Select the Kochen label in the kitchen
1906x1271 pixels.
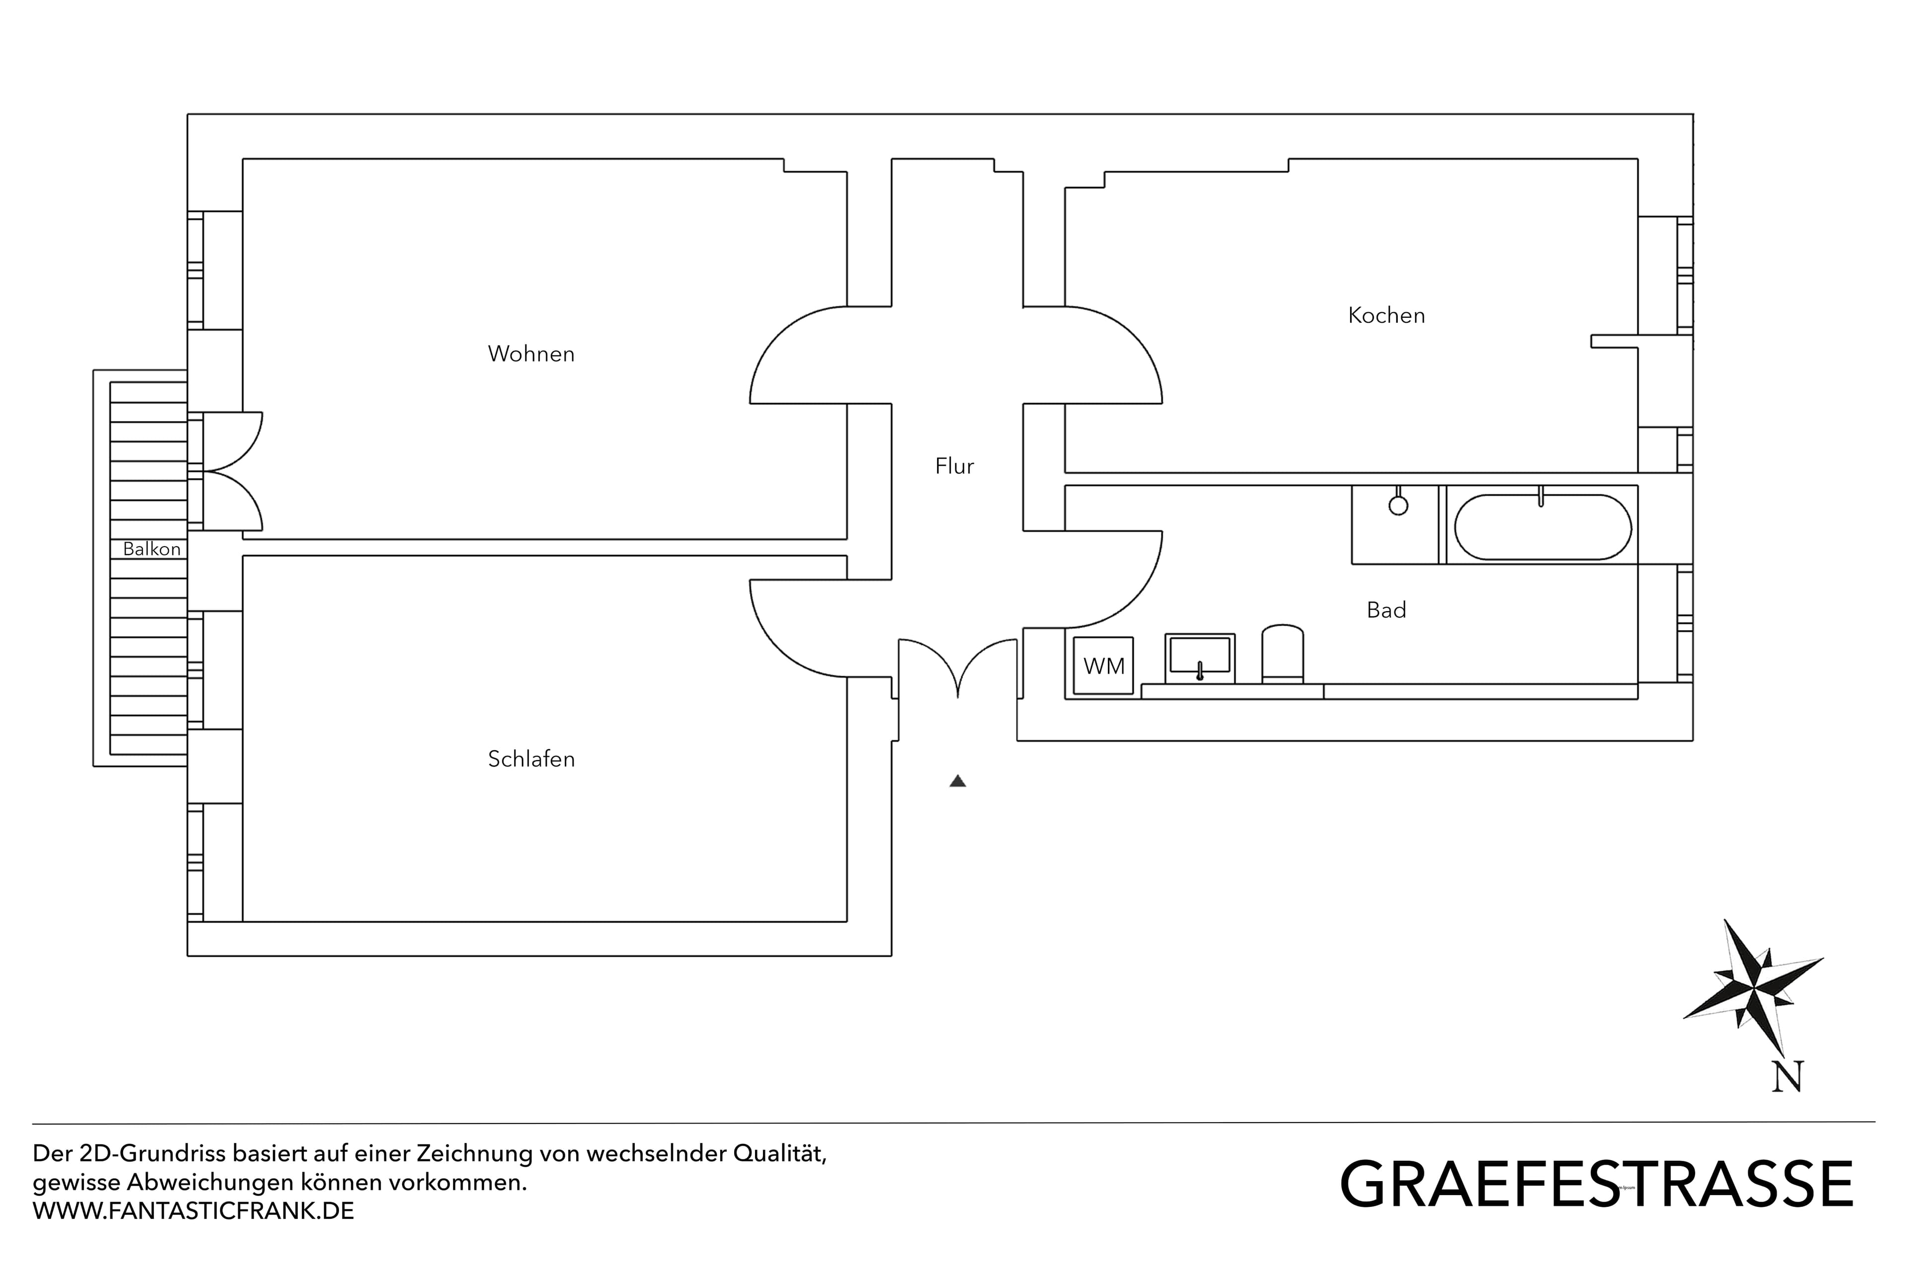(1386, 315)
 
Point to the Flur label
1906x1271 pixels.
(954, 466)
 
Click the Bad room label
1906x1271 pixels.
(1386, 610)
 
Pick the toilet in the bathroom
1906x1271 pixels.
(1282, 653)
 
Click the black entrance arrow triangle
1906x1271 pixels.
(958, 781)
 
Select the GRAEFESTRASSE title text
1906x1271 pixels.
(1596, 1185)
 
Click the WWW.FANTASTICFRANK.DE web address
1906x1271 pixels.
(193, 1211)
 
